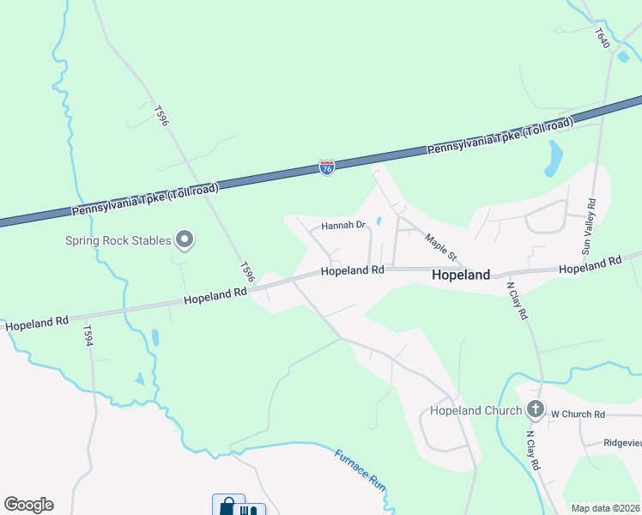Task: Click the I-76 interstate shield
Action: click(326, 167)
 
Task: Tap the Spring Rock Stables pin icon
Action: click(184, 239)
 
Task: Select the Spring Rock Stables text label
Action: click(118, 240)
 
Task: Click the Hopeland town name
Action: click(461, 275)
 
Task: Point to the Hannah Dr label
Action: click(343, 227)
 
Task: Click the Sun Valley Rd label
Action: click(589, 227)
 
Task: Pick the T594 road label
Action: click(88, 335)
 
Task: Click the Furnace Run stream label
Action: click(360, 470)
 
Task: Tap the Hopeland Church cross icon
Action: click(536, 409)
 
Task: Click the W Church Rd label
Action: click(578, 415)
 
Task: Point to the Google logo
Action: click(28, 505)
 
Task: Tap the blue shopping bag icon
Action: click(227, 506)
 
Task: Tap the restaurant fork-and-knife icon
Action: click(249, 509)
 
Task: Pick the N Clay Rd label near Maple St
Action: click(517, 300)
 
